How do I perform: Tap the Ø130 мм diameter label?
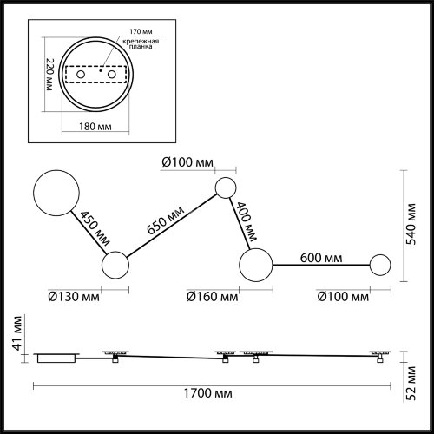(73, 297)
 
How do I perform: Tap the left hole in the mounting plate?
(82, 76)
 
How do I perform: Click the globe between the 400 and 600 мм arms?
(256, 264)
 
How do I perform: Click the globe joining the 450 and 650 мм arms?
(115, 266)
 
